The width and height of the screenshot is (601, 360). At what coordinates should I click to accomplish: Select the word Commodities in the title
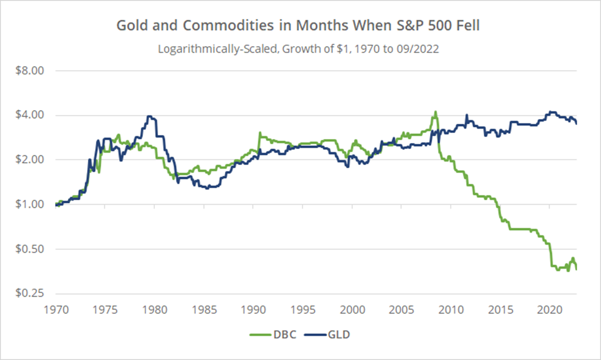(228, 25)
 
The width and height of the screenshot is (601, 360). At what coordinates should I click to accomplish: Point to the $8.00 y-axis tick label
(30, 70)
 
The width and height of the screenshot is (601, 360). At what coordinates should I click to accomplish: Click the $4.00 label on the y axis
(30, 115)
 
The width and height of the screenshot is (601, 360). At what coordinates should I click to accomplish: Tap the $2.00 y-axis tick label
(30, 159)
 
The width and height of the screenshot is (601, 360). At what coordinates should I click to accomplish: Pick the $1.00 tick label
(30, 204)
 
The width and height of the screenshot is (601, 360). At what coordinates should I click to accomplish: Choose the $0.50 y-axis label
(30, 249)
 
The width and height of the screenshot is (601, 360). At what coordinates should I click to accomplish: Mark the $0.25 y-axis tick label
(30, 293)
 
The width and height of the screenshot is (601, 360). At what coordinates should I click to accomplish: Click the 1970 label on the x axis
(56, 310)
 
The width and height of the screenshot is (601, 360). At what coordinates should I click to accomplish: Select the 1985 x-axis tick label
(204, 310)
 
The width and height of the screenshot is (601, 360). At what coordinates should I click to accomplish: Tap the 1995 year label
(303, 310)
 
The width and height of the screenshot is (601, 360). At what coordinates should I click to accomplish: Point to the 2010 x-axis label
(451, 310)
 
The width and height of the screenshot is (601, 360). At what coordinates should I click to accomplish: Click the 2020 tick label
(549, 310)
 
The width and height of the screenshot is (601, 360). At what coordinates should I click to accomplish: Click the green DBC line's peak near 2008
(435, 112)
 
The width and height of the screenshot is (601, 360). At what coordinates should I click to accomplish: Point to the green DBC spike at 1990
(260, 133)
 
